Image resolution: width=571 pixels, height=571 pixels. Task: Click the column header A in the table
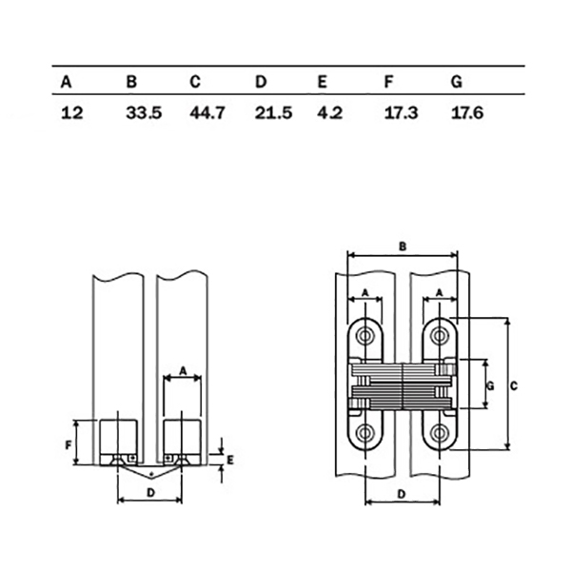pos(66,82)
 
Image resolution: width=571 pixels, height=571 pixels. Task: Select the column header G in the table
pos(457,82)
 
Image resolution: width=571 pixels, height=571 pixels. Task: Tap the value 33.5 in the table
pos(144,112)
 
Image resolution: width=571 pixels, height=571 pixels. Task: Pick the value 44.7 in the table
pos(207,112)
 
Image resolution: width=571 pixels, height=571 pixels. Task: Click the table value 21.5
pos(273,112)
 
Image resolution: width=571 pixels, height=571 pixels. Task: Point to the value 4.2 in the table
pos(330,112)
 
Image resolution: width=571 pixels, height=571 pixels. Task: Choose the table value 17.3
pos(402,112)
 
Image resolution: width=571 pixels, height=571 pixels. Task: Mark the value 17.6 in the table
pos(467,112)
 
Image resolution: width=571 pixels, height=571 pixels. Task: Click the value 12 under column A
pos(72,112)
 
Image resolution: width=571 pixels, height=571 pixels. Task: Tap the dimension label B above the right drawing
pos(403,246)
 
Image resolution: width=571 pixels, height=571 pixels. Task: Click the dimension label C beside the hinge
pos(514,385)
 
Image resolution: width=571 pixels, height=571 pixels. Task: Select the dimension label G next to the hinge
pos(490,385)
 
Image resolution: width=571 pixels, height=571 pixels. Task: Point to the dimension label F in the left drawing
pos(69,444)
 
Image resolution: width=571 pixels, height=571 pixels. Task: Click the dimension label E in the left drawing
pos(230,461)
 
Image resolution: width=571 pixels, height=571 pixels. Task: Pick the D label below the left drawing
pos(150,493)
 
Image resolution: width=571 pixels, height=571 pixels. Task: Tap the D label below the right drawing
pos(402,494)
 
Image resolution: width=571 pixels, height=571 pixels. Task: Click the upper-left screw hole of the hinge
pos(365,336)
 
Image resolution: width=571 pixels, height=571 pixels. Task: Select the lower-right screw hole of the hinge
pos(440,433)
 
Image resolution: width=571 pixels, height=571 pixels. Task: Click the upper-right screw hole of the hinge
pos(440,336)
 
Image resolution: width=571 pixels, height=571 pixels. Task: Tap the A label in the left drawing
pos(183,371)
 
